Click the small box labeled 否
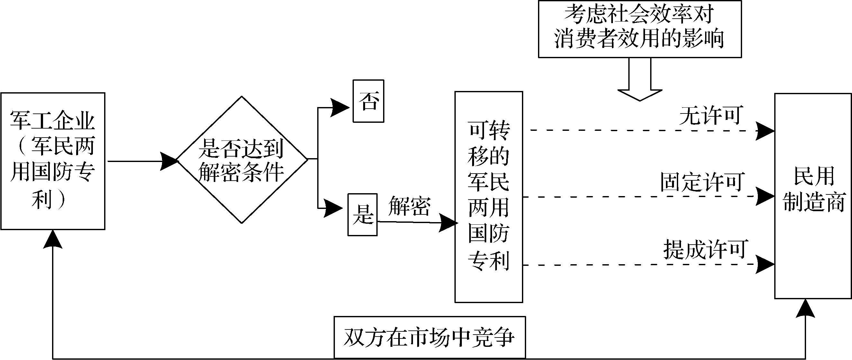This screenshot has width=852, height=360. tap(368, 101)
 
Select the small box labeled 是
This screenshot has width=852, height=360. tap(362, 214)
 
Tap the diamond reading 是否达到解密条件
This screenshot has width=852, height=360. tap(241, 159)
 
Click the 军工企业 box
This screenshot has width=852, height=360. tap(53, 161)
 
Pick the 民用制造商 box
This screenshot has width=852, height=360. tap(813, 196)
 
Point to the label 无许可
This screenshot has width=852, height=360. tap(709, 115)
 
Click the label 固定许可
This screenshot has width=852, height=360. tap(702, 182)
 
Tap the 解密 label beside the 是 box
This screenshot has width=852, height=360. tap(409, 206)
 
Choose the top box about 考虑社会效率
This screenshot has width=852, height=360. tap(640, 29)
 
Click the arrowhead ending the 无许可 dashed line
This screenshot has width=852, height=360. tap(765, 131)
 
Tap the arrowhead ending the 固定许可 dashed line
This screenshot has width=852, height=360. tap(765, 196)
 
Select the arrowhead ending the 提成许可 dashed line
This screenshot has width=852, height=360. tap(765, 264)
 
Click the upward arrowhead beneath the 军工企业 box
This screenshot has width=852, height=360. tap(53, 239)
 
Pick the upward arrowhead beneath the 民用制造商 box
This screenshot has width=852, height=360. tap(805, 308)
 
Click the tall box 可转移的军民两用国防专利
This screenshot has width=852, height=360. tap(489, 197)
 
